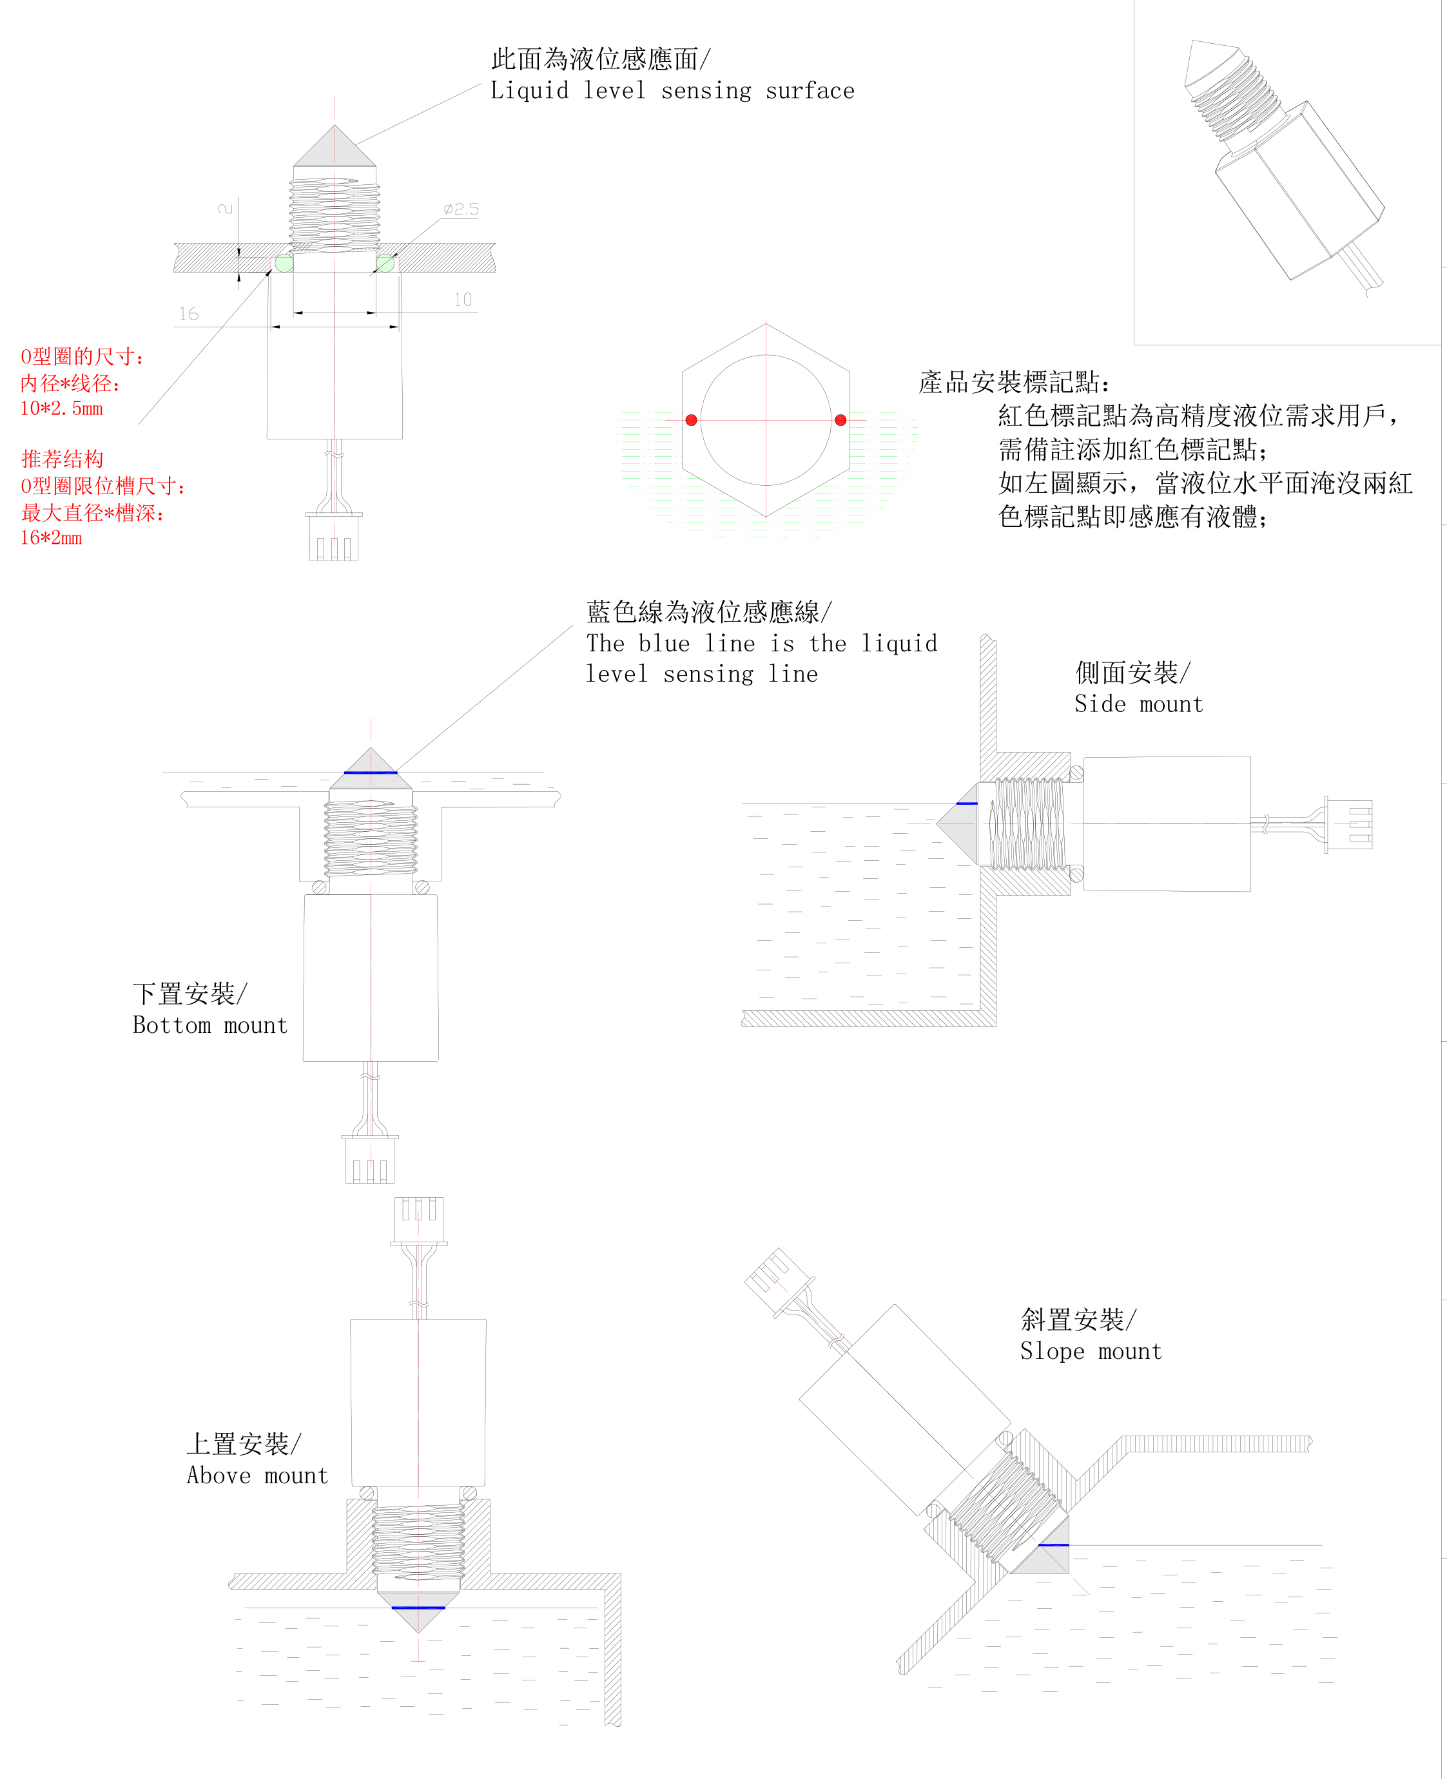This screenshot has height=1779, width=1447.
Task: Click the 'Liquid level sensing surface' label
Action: (672, 91)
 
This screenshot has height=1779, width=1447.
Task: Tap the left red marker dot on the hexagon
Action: (691, 420)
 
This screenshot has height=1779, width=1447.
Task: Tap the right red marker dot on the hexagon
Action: (840, 420)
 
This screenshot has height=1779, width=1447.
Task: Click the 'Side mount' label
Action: (1139, 704)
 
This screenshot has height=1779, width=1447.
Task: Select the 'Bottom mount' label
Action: (210, 1025)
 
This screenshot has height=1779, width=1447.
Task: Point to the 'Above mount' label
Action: (258, 1475)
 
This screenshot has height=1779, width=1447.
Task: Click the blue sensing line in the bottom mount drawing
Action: (370, 773)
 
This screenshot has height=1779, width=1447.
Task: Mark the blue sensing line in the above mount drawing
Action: (418, 1608)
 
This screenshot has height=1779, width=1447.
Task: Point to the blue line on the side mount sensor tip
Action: (967, 803)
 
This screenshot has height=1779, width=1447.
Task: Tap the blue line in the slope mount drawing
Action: (1054, 1545)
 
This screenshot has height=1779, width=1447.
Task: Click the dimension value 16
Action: (189, 313)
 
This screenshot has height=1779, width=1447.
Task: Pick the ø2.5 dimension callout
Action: (461, 209)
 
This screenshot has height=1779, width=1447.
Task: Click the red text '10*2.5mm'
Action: (62, 409)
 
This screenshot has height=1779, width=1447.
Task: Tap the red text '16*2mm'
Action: (51, 537)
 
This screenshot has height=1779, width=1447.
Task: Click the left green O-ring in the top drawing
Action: (284, 264)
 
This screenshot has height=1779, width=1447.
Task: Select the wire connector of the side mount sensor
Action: (1348, 824)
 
